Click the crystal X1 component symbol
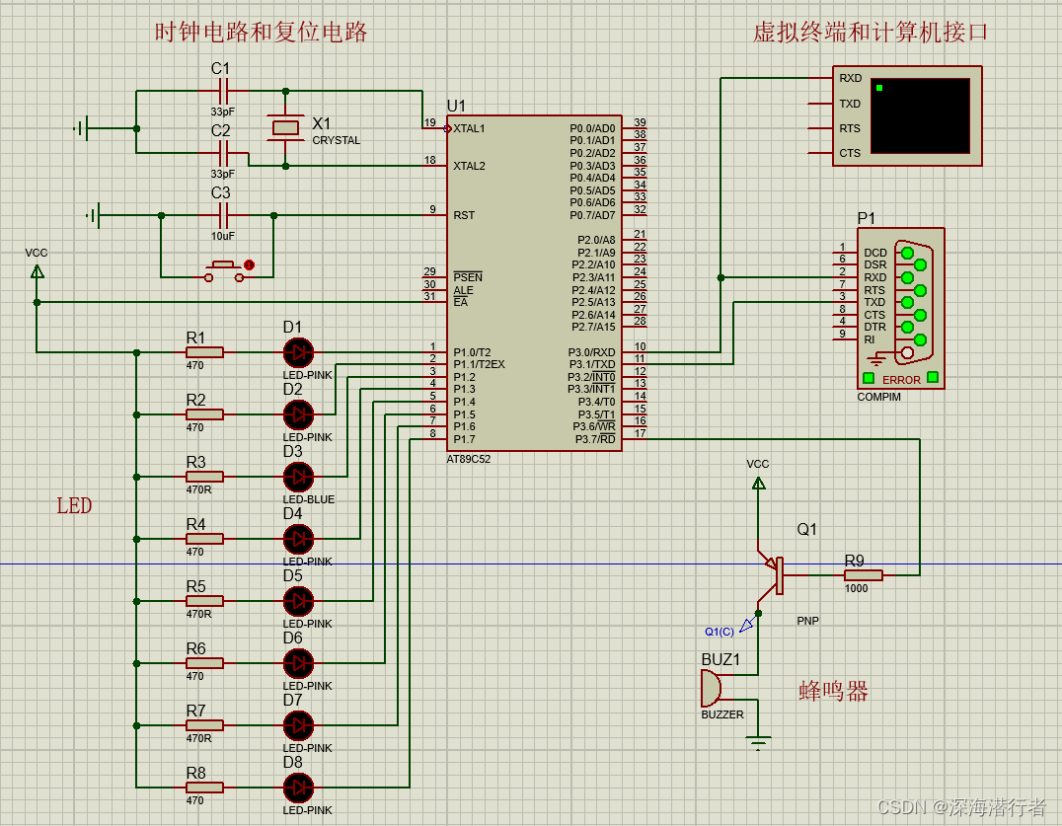tap(285, 126)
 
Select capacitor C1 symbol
tap(224, 91)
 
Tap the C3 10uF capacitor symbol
tap(224, 215)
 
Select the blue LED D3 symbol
tap(297, 477)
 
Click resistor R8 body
tap(204, 788)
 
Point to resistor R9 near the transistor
tap(863, 574)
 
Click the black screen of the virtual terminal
tap(920, 115)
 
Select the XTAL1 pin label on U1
tap(469, 128)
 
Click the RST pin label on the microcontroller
tap(464, 215)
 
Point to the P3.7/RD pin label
tap(594, 439)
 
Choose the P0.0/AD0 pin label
tap(592, 128)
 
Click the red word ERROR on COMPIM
tap(901, 380)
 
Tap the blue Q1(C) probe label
tap(719, 632)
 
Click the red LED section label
tap(74, 506)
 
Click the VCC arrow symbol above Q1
tap(758, 483)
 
